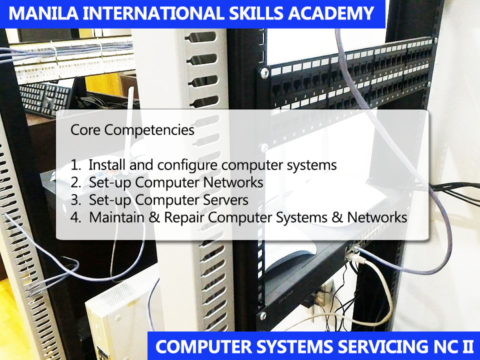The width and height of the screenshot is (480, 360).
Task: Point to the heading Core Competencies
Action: coord(132,130)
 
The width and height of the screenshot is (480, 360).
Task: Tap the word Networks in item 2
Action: coord(233,182)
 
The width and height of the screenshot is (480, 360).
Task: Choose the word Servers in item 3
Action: coord(223,200)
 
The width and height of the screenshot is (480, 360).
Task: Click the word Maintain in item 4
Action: coord(113,217)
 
